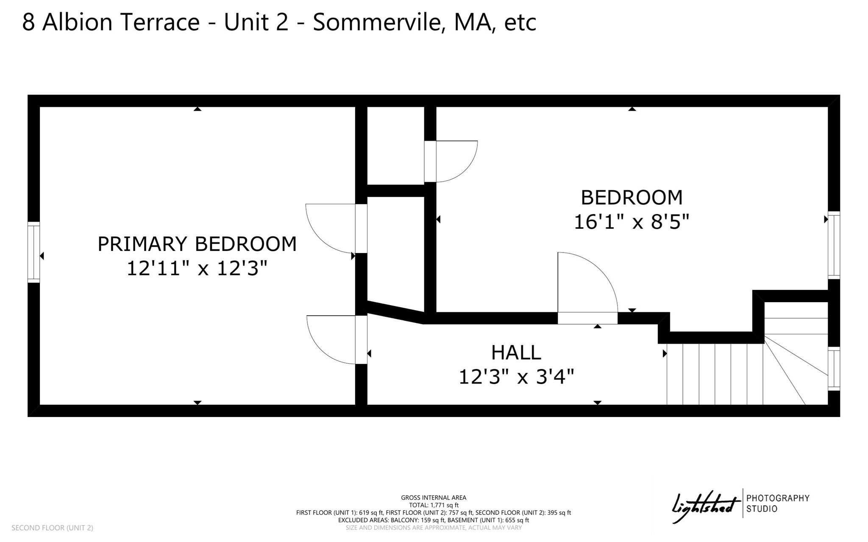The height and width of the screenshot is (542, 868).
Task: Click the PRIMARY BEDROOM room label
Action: point(197,244)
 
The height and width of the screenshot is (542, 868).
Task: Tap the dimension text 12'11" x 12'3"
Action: point(197,268)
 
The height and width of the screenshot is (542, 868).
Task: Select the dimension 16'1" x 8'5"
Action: point(632,222)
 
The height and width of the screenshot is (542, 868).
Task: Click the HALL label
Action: point(516,353)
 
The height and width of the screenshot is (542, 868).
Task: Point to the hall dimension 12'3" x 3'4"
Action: point(516,376)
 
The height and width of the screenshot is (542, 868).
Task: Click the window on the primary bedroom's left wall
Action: point(33,252)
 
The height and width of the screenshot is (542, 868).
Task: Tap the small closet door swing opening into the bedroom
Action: point(451,161)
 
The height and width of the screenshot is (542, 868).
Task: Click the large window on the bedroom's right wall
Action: point(834,245)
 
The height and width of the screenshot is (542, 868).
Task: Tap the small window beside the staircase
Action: point(834,369)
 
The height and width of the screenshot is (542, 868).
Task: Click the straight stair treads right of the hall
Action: point(715,374)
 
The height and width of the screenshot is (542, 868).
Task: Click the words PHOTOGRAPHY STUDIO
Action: point(778,503)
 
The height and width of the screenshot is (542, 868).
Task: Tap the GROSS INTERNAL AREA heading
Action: point(434,498)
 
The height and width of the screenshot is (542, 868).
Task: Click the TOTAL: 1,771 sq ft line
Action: point(434,505)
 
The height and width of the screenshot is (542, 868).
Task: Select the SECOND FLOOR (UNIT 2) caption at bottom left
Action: point(52,528)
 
